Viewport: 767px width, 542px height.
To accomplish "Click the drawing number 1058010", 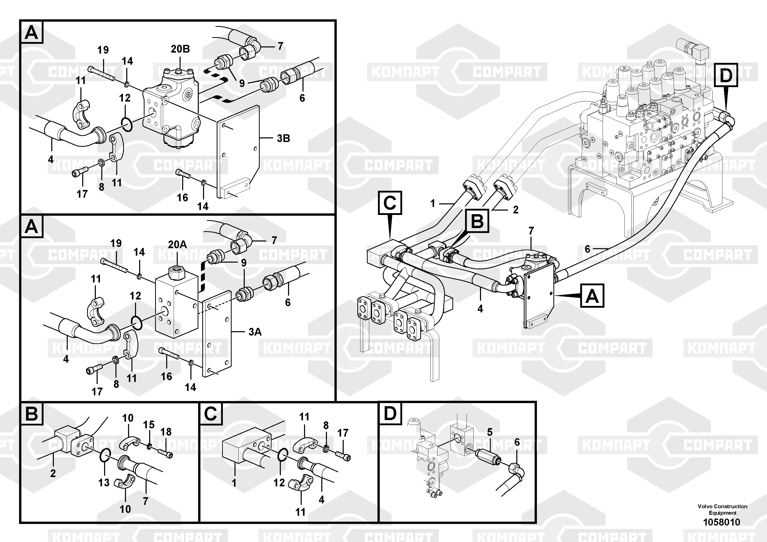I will (722, 522).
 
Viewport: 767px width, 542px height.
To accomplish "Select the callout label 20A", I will (177, 244).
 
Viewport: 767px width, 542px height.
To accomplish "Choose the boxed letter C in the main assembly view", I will (390, 203).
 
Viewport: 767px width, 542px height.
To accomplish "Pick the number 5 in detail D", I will (490, 432).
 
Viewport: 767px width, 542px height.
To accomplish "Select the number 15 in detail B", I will (149, 424).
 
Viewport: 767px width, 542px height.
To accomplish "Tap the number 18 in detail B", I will (166, 432).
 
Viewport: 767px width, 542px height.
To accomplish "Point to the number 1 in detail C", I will (234, 483).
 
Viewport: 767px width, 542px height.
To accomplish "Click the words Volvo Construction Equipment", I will (722, 510).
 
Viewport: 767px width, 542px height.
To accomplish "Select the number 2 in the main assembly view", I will (516, 210).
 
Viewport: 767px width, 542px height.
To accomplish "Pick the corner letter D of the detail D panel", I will (390, 413).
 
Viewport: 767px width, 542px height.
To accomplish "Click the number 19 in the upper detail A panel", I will (103, 50).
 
